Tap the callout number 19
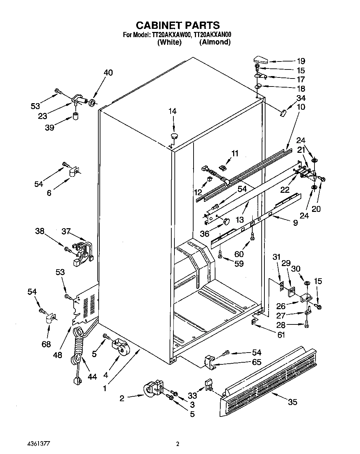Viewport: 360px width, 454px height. (x=301, y=61)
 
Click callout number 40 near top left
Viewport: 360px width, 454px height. (x=108, y=73)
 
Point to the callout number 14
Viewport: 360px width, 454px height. (x=172, y=112)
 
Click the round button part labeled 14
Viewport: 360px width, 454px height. (x=174, y=135)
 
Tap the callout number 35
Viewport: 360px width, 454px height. (x=293, y=402)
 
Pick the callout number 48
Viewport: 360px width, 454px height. (x=58, y=355)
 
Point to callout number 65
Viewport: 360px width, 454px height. (x=256, y=362)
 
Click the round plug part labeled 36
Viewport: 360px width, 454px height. (x=227, y=221)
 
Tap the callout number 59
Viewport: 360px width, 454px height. (x=239, y=264)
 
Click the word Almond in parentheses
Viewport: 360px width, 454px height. (x=215, y=42)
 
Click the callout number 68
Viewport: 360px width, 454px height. (x=46, y=344)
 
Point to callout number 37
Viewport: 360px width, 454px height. (x=66, y=231)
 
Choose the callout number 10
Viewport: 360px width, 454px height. (x=301, y=107)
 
